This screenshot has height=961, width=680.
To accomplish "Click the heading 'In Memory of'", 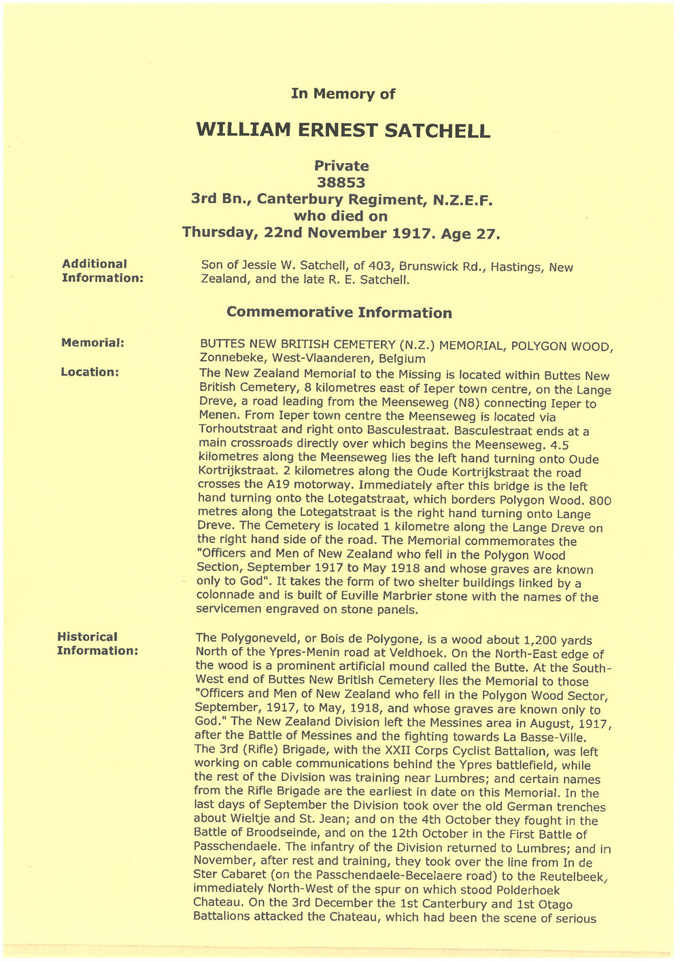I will coord(343,94).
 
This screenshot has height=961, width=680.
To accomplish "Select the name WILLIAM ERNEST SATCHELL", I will coord(343,130).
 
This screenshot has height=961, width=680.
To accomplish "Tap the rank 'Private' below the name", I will coord(341,166).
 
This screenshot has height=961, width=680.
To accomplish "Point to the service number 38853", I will coord(341,183).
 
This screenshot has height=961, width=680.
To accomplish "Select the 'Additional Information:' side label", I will coord(102,270).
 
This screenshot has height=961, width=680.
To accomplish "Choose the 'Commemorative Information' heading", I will coord(339,313).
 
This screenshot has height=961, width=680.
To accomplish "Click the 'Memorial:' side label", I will coord(92,343).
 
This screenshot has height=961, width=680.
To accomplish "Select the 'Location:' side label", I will coord(90,372).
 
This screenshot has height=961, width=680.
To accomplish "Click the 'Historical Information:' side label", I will coord(97,644).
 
